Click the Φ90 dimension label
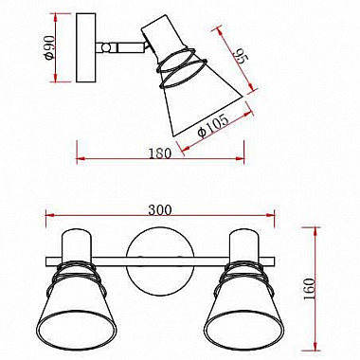tap(50, 47)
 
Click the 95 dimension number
tap(241, 57)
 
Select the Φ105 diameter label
tap(212, 125)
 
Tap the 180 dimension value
tap(160, 153)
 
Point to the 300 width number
tap(160, 210)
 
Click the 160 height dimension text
tap(309, 288)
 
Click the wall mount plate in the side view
tap(86, 47)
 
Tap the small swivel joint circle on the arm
tap(106, 47)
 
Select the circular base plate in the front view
tap(159, 263)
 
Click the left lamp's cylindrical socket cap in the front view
tap(77, 244)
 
